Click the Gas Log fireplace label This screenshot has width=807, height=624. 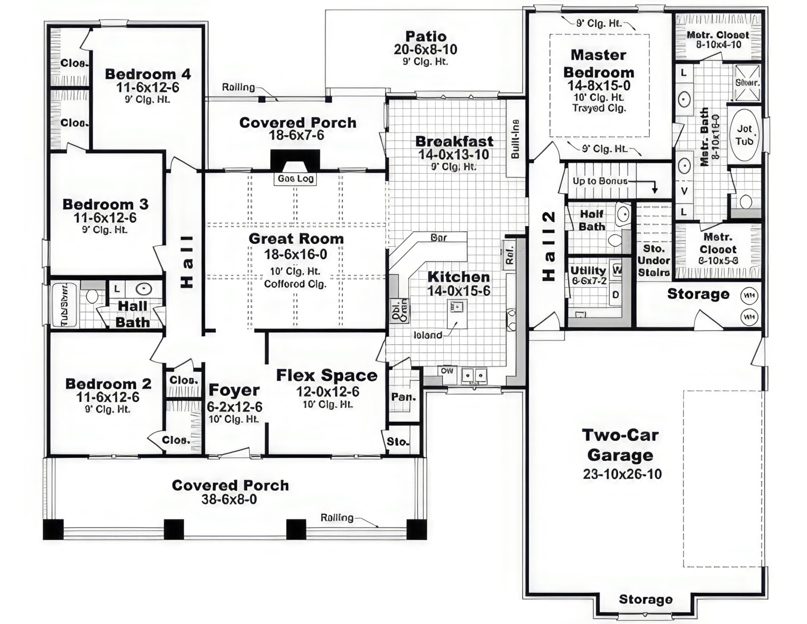295,179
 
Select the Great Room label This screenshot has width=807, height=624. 296,239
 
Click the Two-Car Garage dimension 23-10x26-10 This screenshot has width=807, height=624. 622,474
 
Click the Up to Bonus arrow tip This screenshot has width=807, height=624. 655,191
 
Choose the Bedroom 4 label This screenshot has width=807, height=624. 148,74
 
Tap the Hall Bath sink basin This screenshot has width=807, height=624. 144,289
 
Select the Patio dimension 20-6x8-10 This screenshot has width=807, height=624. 426,49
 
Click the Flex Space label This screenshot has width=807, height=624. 327,375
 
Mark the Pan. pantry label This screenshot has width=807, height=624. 403,397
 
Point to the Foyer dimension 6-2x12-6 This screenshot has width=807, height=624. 235,407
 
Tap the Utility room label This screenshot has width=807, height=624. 588,271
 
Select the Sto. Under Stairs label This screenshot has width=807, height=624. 654,261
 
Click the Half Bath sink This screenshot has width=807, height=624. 622,214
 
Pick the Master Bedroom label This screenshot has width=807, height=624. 598,63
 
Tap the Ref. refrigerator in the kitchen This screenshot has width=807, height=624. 510,254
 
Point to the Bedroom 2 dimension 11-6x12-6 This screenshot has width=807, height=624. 108,398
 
